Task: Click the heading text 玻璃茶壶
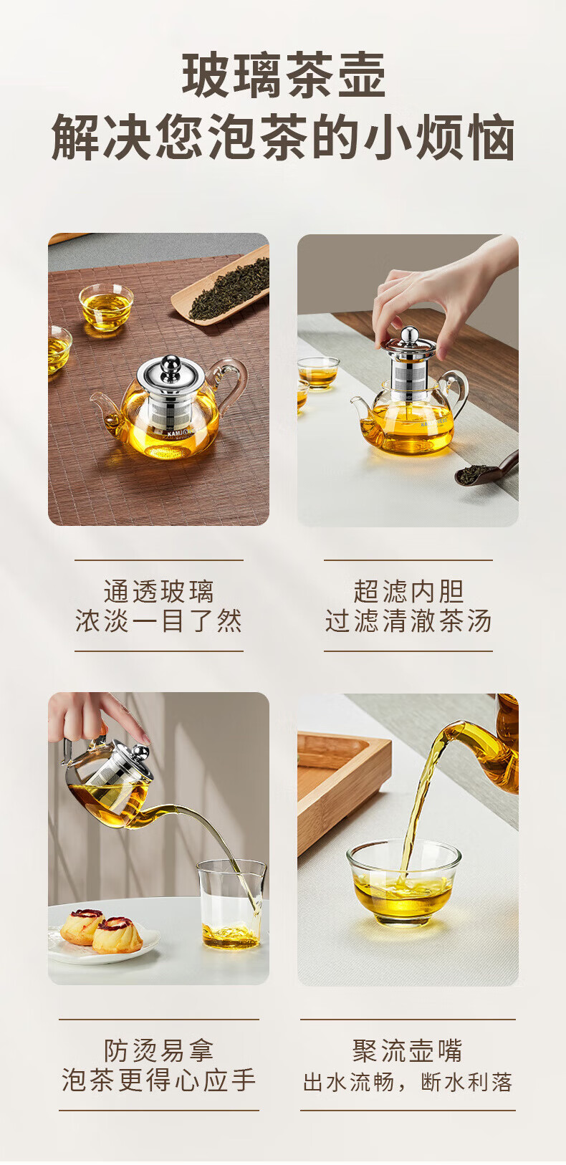click(x=284, y=75)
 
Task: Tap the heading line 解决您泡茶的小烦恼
click(x=283, y=137)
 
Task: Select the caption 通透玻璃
click(x=158, y=591)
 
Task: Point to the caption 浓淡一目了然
click(x=158, y=620)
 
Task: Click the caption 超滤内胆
click(x=408, y=591)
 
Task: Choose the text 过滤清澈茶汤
click(x=408, y=620)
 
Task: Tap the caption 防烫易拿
click(x=158, y=1050)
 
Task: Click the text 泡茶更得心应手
click(x=158, y=1080)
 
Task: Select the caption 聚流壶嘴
click(x=408, y=1050)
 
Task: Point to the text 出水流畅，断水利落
click(x=408, y=1082)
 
